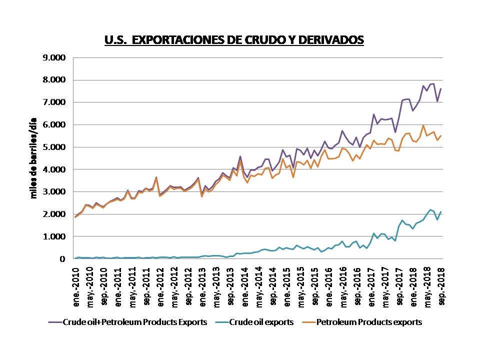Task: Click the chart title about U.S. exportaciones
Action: (x=233, y=40)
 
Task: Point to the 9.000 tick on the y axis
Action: (x=55, y=57)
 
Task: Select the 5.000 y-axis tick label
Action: (x=55, y=147)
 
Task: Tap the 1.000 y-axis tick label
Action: (x=55, y=236)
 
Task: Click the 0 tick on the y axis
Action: (x=62, y=259)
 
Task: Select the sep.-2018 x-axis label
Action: (x=442, y=278)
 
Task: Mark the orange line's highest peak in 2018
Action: (x=423, y=125)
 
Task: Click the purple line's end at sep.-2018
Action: (x=441, y=89)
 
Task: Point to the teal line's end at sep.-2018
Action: (x=441, y=211)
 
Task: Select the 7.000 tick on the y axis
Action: (x=55, y=102)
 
